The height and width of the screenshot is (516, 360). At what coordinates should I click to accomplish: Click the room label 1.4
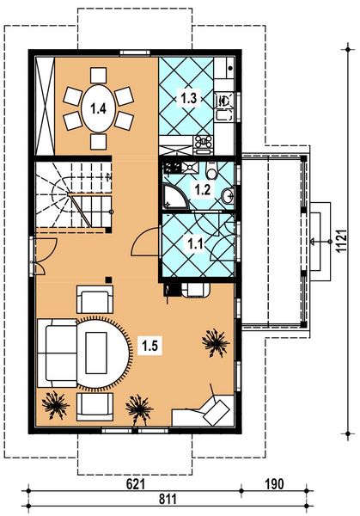pos(98,108)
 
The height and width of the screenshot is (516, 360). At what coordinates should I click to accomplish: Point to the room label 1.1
pos(197,244)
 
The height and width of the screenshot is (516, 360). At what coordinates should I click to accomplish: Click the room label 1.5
pos(148,347)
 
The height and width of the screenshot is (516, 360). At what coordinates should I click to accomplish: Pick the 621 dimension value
pos(136,485)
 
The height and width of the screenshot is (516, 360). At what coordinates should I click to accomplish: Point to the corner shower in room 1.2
pos(174,198)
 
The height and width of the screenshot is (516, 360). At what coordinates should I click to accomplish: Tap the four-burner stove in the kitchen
pos(204,141)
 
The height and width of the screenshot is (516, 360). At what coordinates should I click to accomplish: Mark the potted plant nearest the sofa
pos(57,403)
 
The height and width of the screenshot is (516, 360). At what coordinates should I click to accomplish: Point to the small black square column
pos(108,279)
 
